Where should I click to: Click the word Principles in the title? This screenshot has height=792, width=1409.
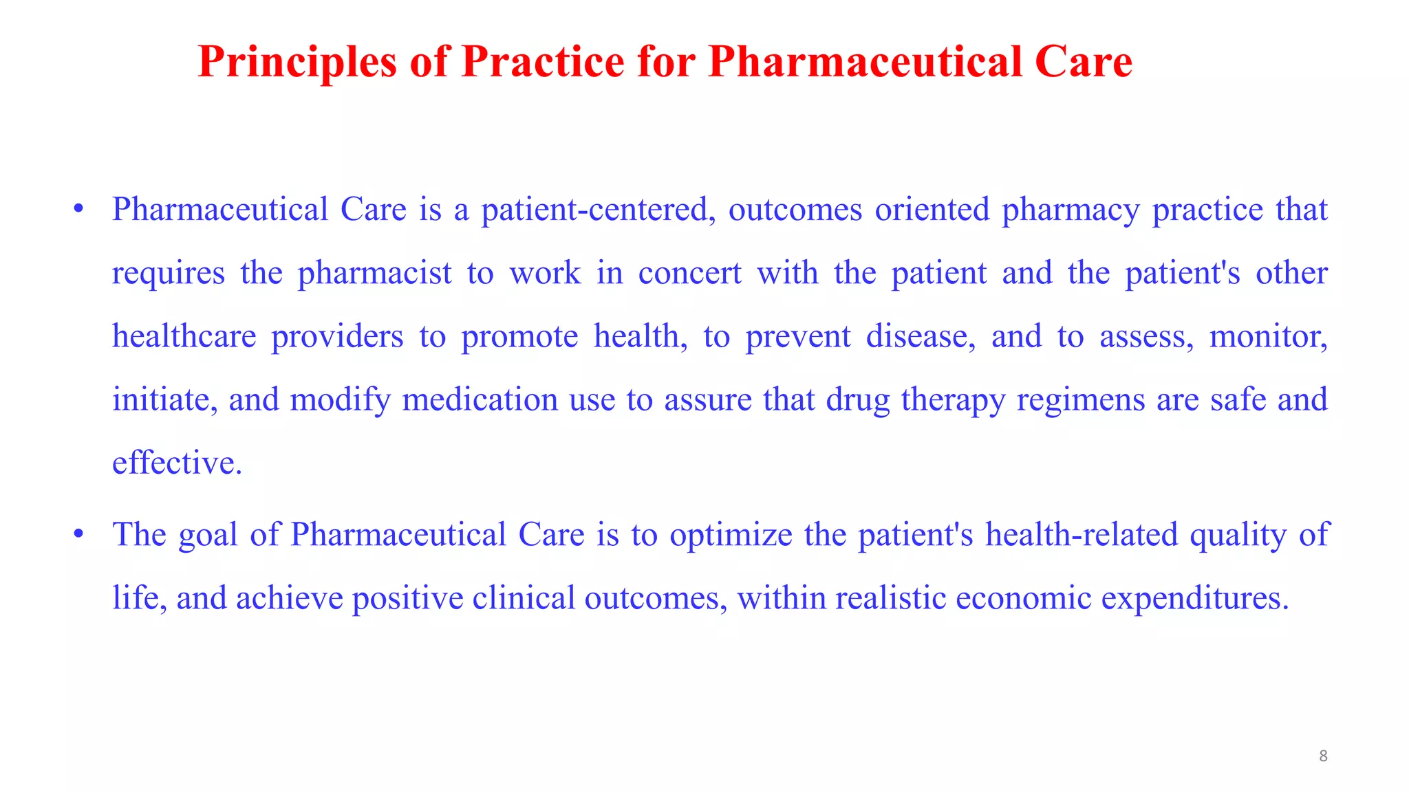tap(297, 63)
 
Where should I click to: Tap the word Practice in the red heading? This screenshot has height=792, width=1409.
tap(543, 63)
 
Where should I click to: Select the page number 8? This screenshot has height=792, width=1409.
tap(1322, 756)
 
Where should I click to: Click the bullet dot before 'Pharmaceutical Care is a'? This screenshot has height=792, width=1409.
tap(78, 208)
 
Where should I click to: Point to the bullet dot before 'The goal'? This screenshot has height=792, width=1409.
tap(78, 533)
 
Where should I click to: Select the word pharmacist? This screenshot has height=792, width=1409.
tap(374, 274)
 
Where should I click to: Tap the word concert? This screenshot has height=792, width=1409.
tap(689, 274)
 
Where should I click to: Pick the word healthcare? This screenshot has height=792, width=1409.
tap(184, 337)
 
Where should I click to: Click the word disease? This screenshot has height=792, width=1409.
tap(920, 337)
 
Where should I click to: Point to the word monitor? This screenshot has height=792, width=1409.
tap(1268, 337)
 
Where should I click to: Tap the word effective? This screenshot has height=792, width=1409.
tap(177, 463)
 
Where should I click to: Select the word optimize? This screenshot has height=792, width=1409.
tap(731, 535)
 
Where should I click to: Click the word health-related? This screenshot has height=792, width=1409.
tap(1081, 535)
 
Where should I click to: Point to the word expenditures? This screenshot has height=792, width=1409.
tap(1194, 598)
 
